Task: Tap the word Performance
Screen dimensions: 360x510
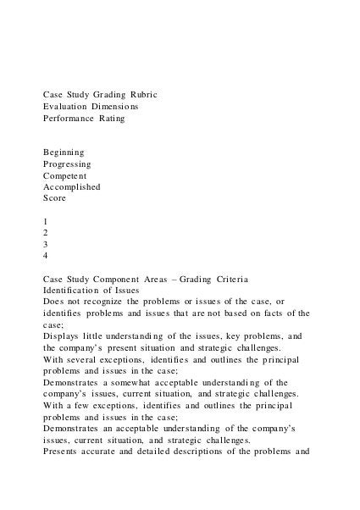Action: coord(71,119)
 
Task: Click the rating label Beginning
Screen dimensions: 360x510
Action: coord(64,152)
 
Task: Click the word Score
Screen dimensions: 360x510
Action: coord(55,198)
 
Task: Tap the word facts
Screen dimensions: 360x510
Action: coord(275,313)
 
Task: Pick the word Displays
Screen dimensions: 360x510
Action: coord(62,335)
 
